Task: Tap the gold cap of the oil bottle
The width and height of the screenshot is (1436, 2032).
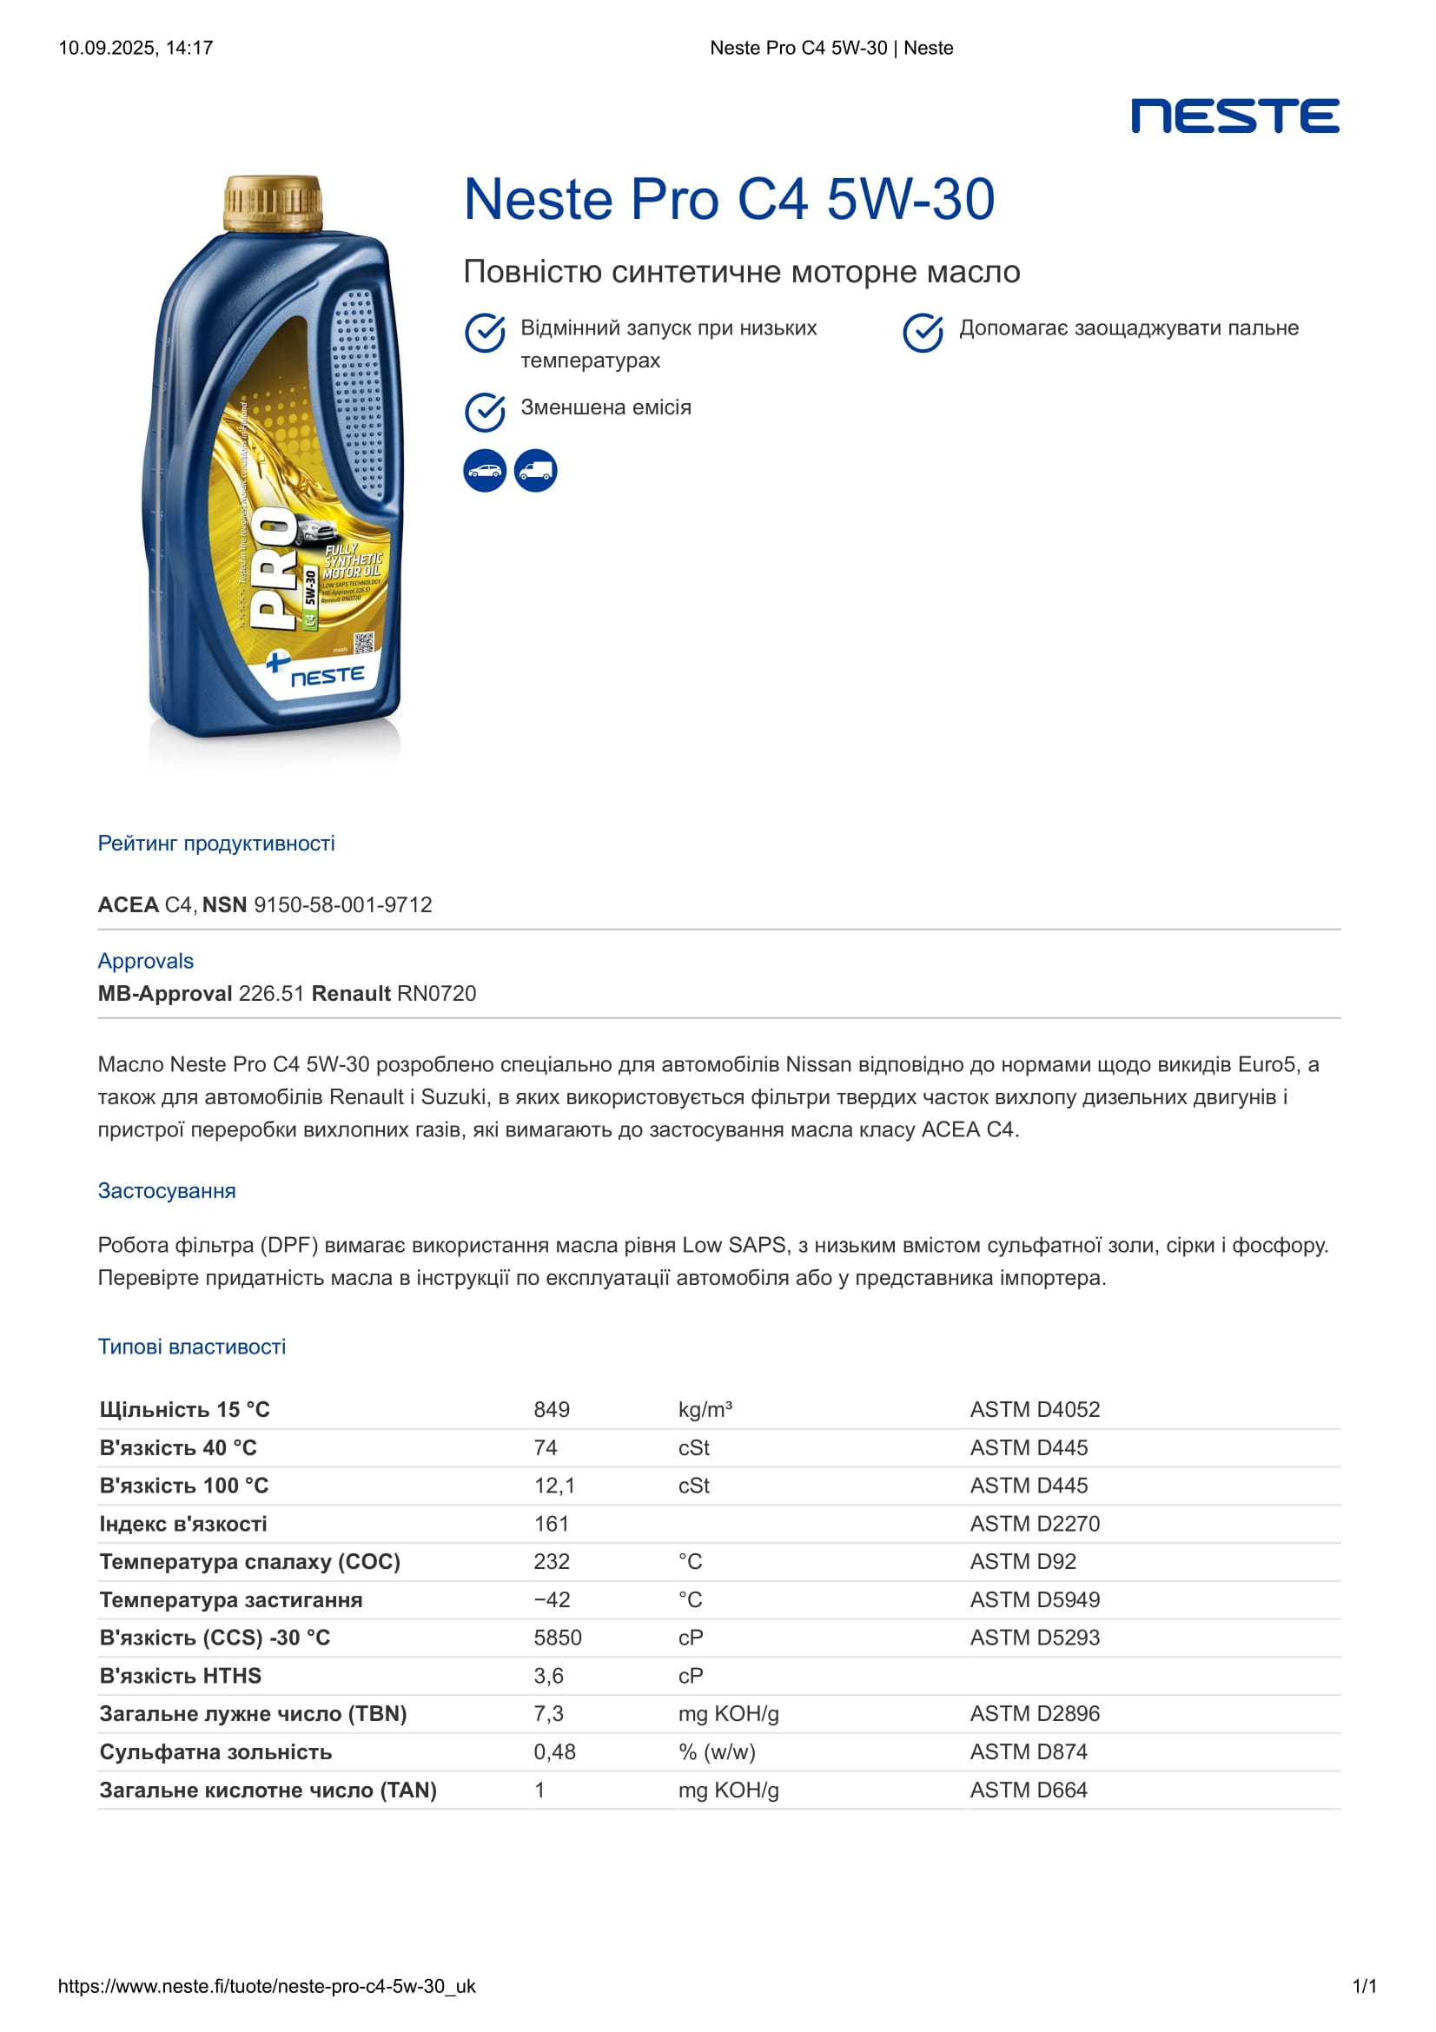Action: (x=272, y=202)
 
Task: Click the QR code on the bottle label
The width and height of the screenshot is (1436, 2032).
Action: (x=364, y=643)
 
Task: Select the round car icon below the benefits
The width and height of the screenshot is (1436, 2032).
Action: (x=485, y=471)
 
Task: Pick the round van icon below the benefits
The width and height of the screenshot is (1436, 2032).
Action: (x=535, y=471)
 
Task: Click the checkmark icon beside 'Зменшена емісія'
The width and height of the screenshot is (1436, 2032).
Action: (x=485, y=412)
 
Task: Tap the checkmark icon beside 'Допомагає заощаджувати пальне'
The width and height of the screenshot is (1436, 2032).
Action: (x=923, y=332)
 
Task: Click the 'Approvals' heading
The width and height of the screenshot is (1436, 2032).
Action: (x=145, y=961)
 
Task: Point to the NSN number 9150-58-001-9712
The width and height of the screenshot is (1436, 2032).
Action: (x=342, y=904)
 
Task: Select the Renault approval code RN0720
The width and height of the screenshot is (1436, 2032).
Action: (x=436, y=993)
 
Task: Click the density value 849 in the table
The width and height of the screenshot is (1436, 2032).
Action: (x=552, y=1409)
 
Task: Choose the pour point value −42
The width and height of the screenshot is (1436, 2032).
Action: (x=552, y=1599)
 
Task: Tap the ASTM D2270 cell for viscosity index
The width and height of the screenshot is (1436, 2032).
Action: (x=1035, y=1523)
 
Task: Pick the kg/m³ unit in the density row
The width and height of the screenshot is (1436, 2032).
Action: (x=705, y=1409)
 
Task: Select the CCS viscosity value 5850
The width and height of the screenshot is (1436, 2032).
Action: (x=558, y=1638)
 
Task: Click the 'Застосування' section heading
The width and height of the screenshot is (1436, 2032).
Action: (x=166, y=1190)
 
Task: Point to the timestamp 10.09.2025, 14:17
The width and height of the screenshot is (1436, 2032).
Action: (x=136, y=48)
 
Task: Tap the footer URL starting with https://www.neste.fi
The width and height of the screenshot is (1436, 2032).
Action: (x=267, y=1986)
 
